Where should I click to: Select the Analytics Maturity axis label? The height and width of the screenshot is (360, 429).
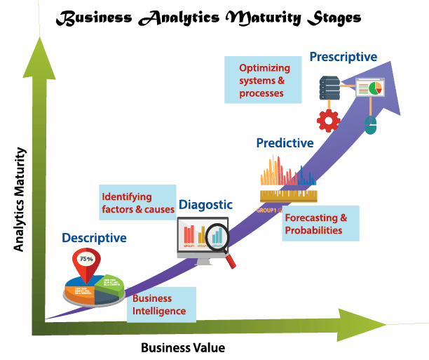pyautogui.click(x=20, y=199)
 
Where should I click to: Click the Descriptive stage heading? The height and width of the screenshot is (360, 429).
pyautogui.click(x=94, y=238)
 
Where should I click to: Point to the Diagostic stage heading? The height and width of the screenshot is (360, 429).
pyautogui.click(x=205, y=204)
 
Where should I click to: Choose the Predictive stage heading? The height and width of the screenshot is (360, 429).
pyautogui.click(x=284, y=143)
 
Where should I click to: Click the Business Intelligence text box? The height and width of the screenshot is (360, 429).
pyautogui.click(x=161, y=304)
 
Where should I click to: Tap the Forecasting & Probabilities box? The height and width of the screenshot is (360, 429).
pyautogui.click(x=321, y=224)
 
